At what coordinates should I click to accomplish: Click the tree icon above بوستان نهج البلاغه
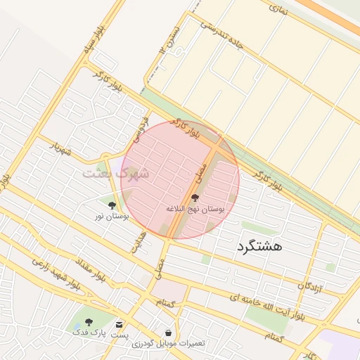tap(195, 199)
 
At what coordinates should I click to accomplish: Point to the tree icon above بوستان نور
tap(112, 205)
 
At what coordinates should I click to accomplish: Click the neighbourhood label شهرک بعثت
tap(116, 172)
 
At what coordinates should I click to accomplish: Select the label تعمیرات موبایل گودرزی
tap(168, 343)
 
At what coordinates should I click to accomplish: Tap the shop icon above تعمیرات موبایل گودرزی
tap(168, 332)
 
